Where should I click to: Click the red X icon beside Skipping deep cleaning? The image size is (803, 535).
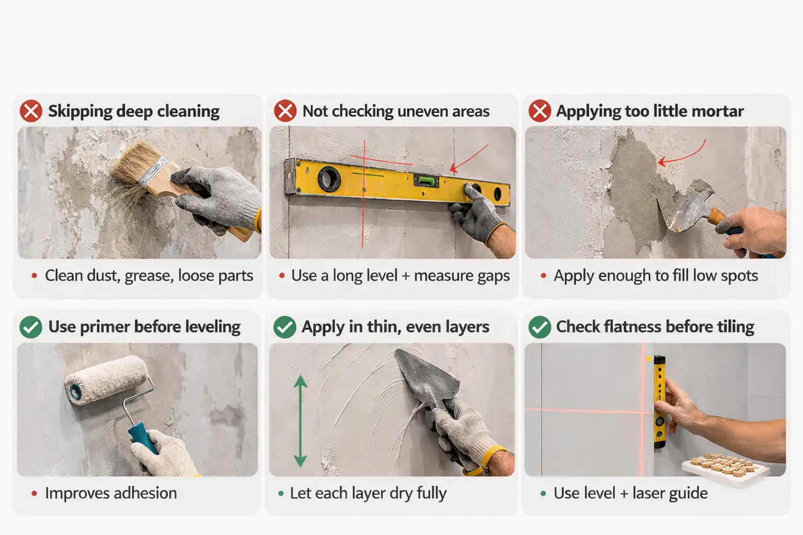(31, 111)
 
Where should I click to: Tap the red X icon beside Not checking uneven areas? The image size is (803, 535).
(285, 111)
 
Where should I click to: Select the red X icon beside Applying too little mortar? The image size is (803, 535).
(540, 111)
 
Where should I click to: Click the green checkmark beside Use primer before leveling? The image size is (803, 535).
(31, 327)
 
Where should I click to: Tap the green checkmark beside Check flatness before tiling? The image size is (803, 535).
(540, 327)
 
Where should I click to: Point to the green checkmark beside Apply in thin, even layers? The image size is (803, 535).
(285, 327)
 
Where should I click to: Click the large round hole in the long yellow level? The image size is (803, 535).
(329, 178)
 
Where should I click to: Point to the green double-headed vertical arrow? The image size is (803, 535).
(300, 421)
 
